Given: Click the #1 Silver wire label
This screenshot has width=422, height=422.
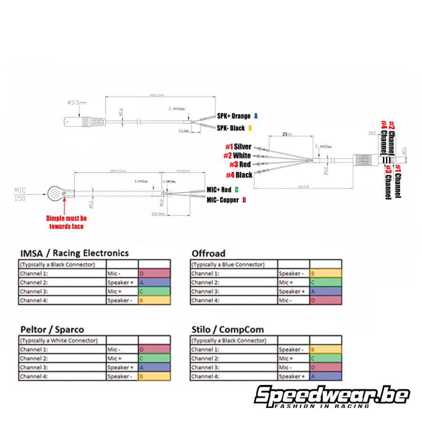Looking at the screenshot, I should [x=238, y=147].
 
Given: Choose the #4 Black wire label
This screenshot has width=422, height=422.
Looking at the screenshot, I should [x=239, y=175].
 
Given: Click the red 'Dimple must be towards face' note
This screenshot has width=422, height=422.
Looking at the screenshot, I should [x=66, y=222].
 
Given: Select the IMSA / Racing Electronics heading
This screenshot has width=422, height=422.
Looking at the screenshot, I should [x=74, y=253].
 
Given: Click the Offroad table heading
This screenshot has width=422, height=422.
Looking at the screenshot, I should [x=208, y=253].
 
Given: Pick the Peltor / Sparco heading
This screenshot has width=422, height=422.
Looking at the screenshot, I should [x=52, y=329].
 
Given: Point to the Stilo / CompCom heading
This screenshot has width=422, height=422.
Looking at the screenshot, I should [x=227, y=329].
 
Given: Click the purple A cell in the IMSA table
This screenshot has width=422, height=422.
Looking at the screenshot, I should [x=154, y=282].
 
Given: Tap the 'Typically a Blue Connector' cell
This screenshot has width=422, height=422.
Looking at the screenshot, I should [x=234, y=264].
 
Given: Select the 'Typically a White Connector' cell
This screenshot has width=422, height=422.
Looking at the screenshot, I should [x=62, y=340].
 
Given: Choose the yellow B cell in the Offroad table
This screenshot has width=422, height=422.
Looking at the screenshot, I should [x=325, y=273].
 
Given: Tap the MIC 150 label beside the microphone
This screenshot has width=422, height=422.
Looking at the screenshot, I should [x=20, y=194].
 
